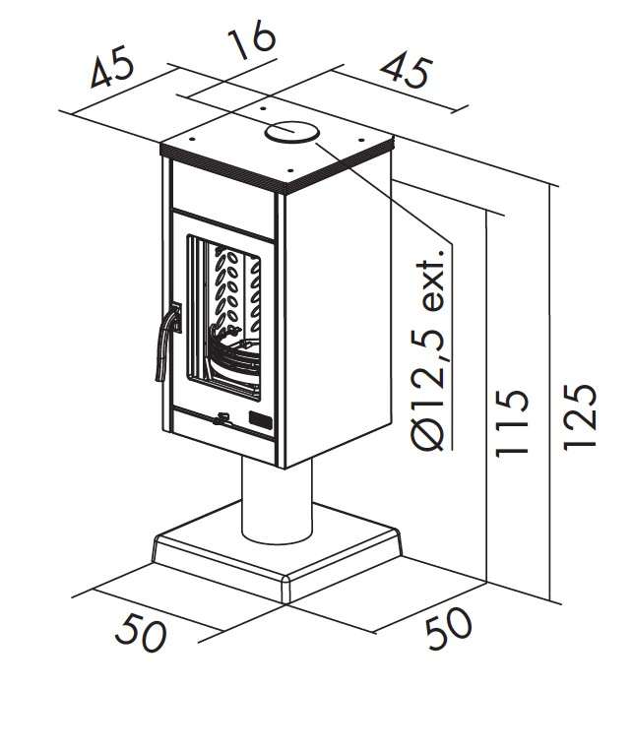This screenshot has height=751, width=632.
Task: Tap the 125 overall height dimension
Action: click(x=579, y=416)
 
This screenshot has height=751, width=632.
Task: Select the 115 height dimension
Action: click(x=512, y=422)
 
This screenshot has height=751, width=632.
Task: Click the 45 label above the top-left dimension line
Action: click(x=112, y=66)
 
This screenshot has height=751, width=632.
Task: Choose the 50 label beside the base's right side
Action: click(x=449, y=627)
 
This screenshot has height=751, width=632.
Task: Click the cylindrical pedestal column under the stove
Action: click(x=277, y=500)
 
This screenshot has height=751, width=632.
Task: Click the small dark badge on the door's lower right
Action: click(x=261, y=419)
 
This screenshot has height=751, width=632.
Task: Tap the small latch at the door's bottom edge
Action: click(x=222, y=419)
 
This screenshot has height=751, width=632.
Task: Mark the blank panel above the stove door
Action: click(x=222, y=198)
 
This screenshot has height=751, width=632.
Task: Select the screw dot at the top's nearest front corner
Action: click(x=289, y=169)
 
